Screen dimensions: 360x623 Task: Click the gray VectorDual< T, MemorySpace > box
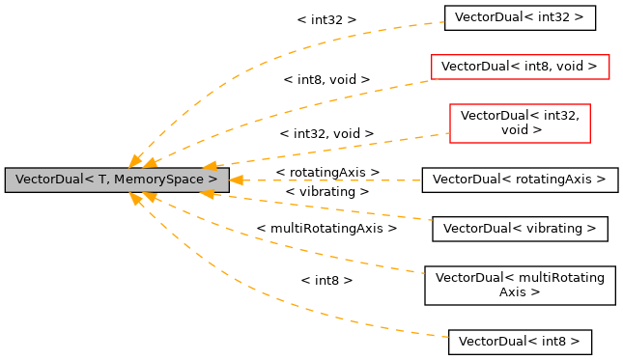pos(116,180)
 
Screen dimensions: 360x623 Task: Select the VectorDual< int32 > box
pos(520,17)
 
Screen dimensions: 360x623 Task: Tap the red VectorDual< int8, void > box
pos(520,67)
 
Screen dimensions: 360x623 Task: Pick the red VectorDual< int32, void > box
pos(520,123)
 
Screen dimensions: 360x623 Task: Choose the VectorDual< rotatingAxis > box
pos(519,180)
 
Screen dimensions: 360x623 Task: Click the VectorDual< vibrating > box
pos(520,229)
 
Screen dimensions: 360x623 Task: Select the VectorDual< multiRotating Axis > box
pos(520,285)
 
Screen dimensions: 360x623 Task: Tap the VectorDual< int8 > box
pos(520,342)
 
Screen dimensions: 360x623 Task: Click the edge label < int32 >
pos(326,19)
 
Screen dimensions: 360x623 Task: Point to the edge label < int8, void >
pos(326,79)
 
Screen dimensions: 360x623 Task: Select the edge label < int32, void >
pos(326,133)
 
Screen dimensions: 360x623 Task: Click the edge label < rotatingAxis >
pos(327,172)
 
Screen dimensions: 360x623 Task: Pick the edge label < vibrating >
pos(327,192)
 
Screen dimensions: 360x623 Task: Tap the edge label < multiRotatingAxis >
pos(326,229)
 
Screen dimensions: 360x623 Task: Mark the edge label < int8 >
pos(326,280)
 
